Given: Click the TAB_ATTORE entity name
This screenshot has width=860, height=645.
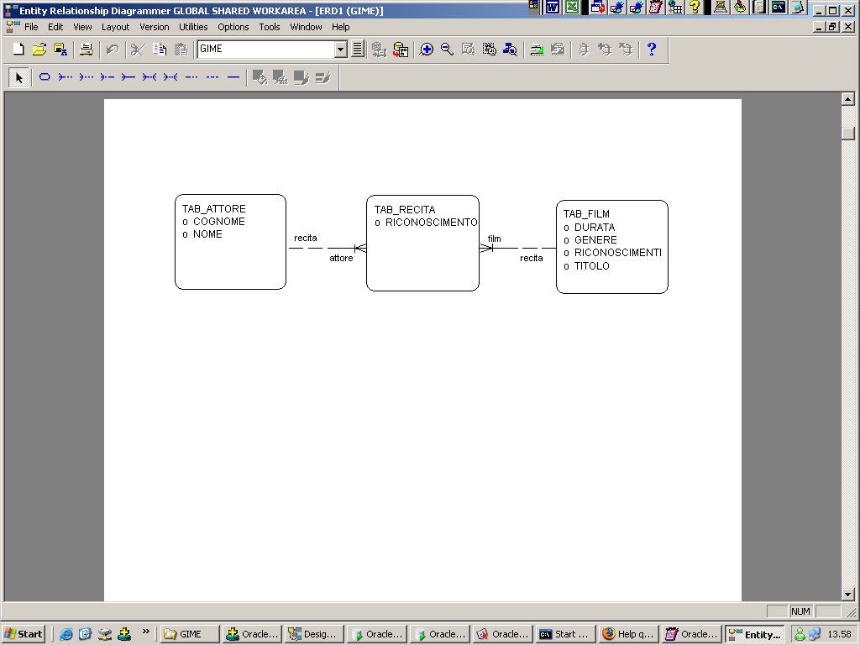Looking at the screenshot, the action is tap(214, 209).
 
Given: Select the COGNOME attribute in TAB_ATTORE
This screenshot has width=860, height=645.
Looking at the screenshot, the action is tap(219, 222).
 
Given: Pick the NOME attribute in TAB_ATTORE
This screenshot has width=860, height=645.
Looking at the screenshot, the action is tap(207, 234).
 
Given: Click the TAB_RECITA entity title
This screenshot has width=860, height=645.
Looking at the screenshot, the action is tap(405, 210).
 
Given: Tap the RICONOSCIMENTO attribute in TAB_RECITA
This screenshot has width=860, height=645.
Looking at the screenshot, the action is tap(431, 223).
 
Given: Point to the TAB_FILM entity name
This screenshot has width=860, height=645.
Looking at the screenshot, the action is tap(586, 214).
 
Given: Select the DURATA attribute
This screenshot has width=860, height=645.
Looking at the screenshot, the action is tap(595, 228).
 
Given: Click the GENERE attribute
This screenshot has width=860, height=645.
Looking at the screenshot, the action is tap(595, 240).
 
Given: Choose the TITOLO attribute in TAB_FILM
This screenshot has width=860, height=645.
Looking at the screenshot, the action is tap(592, 266).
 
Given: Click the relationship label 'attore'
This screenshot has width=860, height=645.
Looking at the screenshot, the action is tap(341, 259).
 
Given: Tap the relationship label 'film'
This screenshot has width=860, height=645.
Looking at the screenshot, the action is tap(494, 239).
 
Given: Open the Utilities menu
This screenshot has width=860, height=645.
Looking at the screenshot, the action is tap(193, 27).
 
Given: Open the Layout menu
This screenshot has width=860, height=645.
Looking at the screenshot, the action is tap(115, 27).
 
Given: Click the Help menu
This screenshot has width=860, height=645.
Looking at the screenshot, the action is tap(340, 27).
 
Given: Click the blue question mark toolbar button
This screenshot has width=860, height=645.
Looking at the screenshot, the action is tap(652, 50).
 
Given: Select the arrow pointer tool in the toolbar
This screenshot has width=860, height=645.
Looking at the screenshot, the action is tap(18, 77).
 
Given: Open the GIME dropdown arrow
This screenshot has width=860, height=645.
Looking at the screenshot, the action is tap(341, 50).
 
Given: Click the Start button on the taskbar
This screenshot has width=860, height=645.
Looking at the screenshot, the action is tap(23, 634).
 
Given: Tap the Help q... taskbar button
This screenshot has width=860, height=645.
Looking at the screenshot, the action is tap(628, 634).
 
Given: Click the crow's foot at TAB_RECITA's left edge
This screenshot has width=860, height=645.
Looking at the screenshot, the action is tap(360, 249).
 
